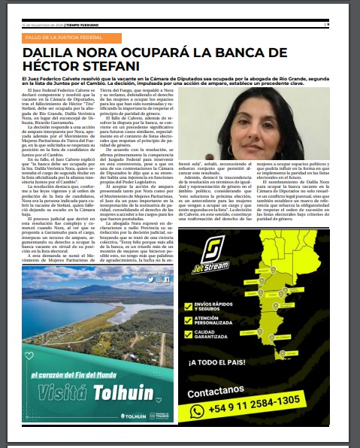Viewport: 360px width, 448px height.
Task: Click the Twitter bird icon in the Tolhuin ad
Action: [x=150, y=279]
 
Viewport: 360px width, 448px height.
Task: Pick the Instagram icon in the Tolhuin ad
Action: [x=158, y=279]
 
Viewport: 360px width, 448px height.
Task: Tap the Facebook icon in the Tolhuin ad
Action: [x=166, y=279]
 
